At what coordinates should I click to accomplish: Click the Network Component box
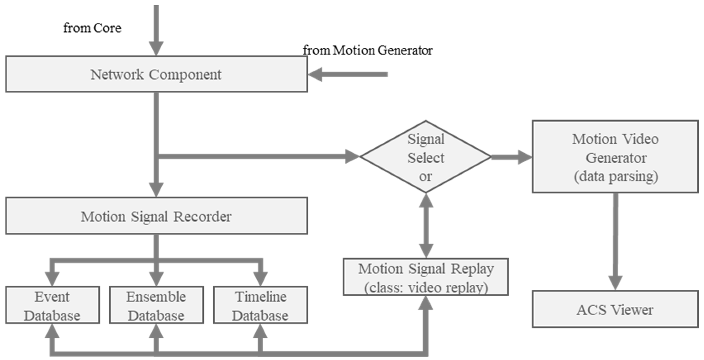point(156,74)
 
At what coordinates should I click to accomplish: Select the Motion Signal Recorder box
point(156,216)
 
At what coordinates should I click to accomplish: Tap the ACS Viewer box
point(615,309)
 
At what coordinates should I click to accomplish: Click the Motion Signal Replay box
point(426,277)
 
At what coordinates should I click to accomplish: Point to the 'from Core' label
point(92,28)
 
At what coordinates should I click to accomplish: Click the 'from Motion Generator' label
point(367,50)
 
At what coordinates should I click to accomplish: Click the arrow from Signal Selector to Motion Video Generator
point(511,157)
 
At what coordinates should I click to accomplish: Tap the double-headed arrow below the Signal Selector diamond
point(426,226)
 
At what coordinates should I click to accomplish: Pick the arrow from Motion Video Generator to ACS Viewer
point(615,241)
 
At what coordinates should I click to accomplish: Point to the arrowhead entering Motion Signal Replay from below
point(426,303)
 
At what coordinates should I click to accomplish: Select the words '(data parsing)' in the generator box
point(616,176)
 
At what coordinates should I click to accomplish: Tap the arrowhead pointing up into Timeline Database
point(260,331)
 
